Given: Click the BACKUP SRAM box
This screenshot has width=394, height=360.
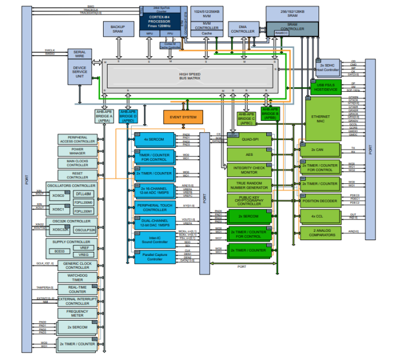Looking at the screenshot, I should point(118,30).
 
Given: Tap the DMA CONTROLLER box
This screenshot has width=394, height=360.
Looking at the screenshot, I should point(243,29).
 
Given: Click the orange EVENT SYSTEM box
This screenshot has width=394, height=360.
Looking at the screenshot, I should point(182,117).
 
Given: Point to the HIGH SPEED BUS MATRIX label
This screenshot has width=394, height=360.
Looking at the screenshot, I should point(191,76).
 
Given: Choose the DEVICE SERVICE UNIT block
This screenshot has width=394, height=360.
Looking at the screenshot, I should point(80,71).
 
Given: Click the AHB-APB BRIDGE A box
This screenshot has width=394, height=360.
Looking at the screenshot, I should point(104,116).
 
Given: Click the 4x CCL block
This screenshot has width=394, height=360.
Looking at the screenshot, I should point(320,217).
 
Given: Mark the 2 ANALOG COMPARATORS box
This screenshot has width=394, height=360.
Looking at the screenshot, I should point(320,232).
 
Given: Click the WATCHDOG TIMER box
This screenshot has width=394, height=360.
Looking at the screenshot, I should point(78,277).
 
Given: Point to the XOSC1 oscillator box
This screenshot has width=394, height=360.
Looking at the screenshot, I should point(58,209).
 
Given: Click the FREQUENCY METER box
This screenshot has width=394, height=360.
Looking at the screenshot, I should point(78,313).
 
